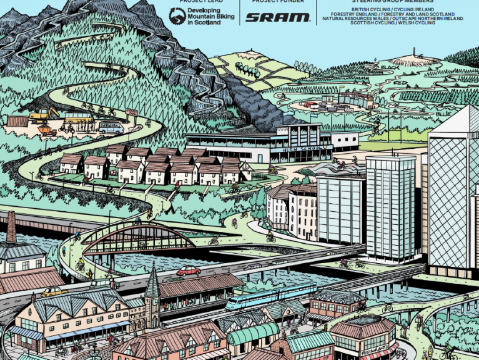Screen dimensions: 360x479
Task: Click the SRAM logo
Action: (x=277, y=17)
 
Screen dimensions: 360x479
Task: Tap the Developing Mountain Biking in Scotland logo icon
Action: (x=176, y=16)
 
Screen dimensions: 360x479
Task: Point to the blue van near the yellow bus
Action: (x=111, y=127)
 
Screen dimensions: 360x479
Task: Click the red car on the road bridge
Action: (x=188, y=271)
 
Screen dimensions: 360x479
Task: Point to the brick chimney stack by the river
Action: (x=11, y=226)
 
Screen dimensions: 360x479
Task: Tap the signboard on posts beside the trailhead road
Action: (x=132, y=112)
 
